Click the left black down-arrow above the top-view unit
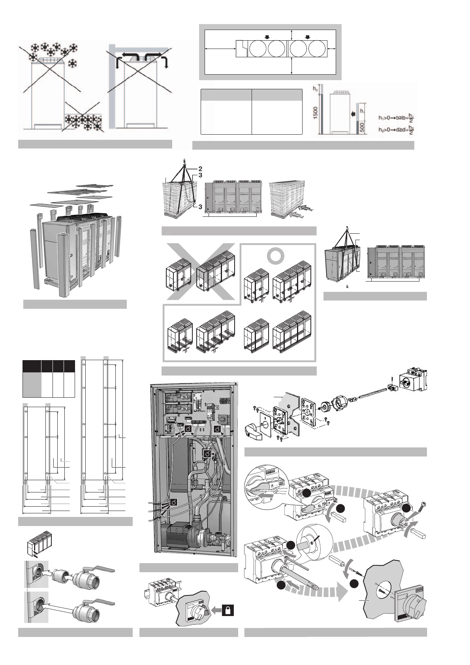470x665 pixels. [267, 37]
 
